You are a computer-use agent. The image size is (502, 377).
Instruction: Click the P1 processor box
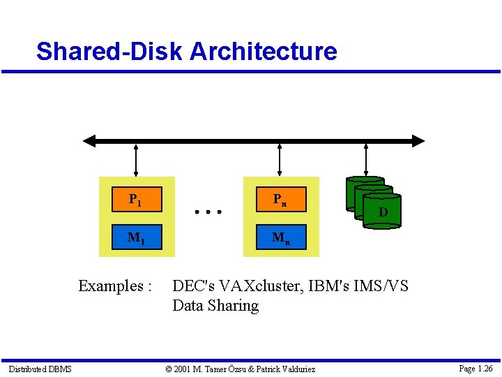(137, 200)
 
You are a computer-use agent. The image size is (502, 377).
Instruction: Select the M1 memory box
(137, 237)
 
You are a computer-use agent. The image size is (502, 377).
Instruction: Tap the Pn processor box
(280, 200)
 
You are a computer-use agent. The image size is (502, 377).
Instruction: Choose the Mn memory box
(280, 237)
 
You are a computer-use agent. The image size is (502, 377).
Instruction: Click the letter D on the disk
(383, 212)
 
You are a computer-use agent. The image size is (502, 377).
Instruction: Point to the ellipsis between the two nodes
(208, 210)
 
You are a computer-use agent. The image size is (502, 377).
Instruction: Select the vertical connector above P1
(136, 160)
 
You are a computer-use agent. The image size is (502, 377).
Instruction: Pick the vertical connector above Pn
(280, 160)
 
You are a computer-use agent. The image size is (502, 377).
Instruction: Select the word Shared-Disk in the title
(109, 51)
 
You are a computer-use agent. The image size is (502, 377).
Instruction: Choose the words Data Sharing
(215, 306)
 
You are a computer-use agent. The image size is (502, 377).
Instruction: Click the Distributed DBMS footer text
(40, 369)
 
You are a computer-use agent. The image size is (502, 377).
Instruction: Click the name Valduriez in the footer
(291, 369)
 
